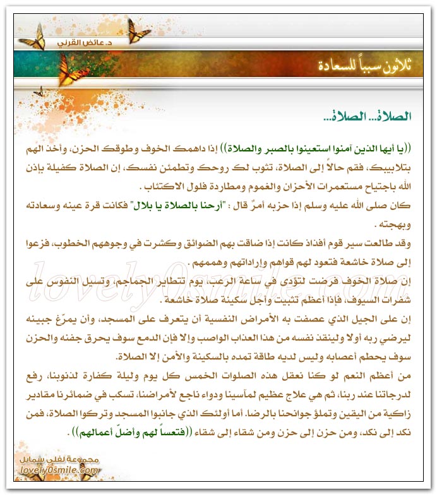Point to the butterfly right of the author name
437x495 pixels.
tap(138, 28)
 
